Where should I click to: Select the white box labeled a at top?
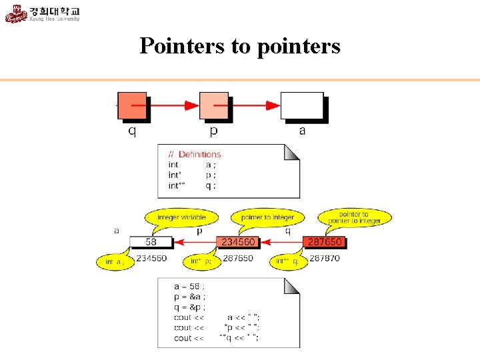pos(301,105)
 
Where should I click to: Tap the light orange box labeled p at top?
pos(213,105)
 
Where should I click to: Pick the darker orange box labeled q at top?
pos(132,105)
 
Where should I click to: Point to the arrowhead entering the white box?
pos(273,105)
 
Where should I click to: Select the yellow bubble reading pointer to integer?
pos(267,218)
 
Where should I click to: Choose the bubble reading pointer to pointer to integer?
pos(355,217)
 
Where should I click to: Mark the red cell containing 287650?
pos(325,243)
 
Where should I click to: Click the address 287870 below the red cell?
pos(325,258)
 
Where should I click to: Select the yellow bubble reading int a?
pos(115,262)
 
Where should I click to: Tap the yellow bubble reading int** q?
pos(289,262)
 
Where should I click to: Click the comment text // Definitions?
pos(194,155)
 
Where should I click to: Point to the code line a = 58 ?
pos(189,286)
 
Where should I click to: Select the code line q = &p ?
pos(189,307)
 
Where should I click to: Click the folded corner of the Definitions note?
pos(292,152)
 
